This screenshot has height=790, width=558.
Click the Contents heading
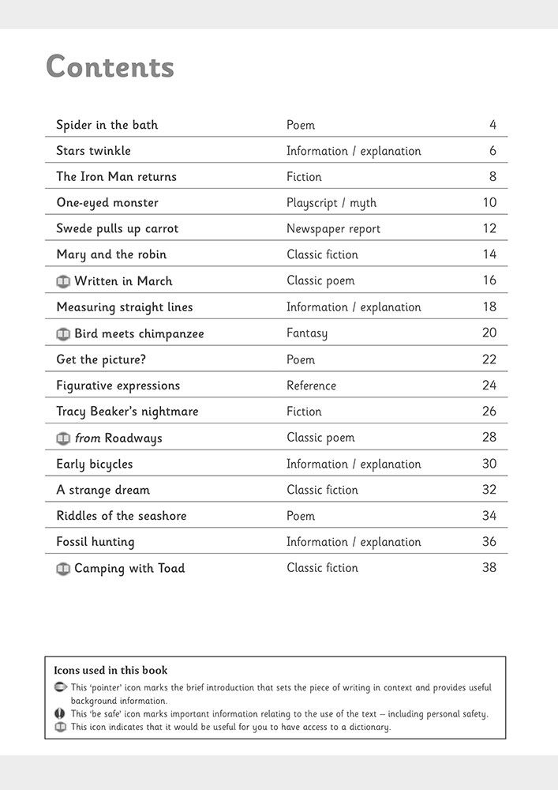tap(110, 67)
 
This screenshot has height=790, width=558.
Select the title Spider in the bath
tap(107, 125)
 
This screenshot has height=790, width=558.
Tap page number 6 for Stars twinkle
tap(492, 151)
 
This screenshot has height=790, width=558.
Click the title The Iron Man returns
tap(116, 177)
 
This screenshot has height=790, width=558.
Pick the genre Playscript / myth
tap(331, 203)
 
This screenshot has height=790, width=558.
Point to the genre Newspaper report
tap(333, 229)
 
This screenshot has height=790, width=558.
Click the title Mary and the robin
tap(111, 254)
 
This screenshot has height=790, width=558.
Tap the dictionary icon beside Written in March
tap(63, 281)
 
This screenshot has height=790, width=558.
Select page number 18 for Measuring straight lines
tap(489, 307)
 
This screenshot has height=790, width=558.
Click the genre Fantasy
tap(307, 333)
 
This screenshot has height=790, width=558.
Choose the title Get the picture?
tap(101, 359)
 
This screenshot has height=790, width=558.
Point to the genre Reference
tap(311, 386)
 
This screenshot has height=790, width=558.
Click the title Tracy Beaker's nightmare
tap(127, 412)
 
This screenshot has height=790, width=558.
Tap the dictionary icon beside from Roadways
tap(63, 438)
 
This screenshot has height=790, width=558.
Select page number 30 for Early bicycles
tap(489, 464)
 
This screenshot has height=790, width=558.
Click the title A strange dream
tap(103, 490)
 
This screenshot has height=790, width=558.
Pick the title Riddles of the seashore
tap(122, 516)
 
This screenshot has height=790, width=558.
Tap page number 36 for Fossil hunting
tap(489, 542)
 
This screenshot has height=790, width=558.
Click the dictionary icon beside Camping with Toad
tap(63, 569)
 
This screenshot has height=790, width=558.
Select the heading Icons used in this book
tap(110, 671)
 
